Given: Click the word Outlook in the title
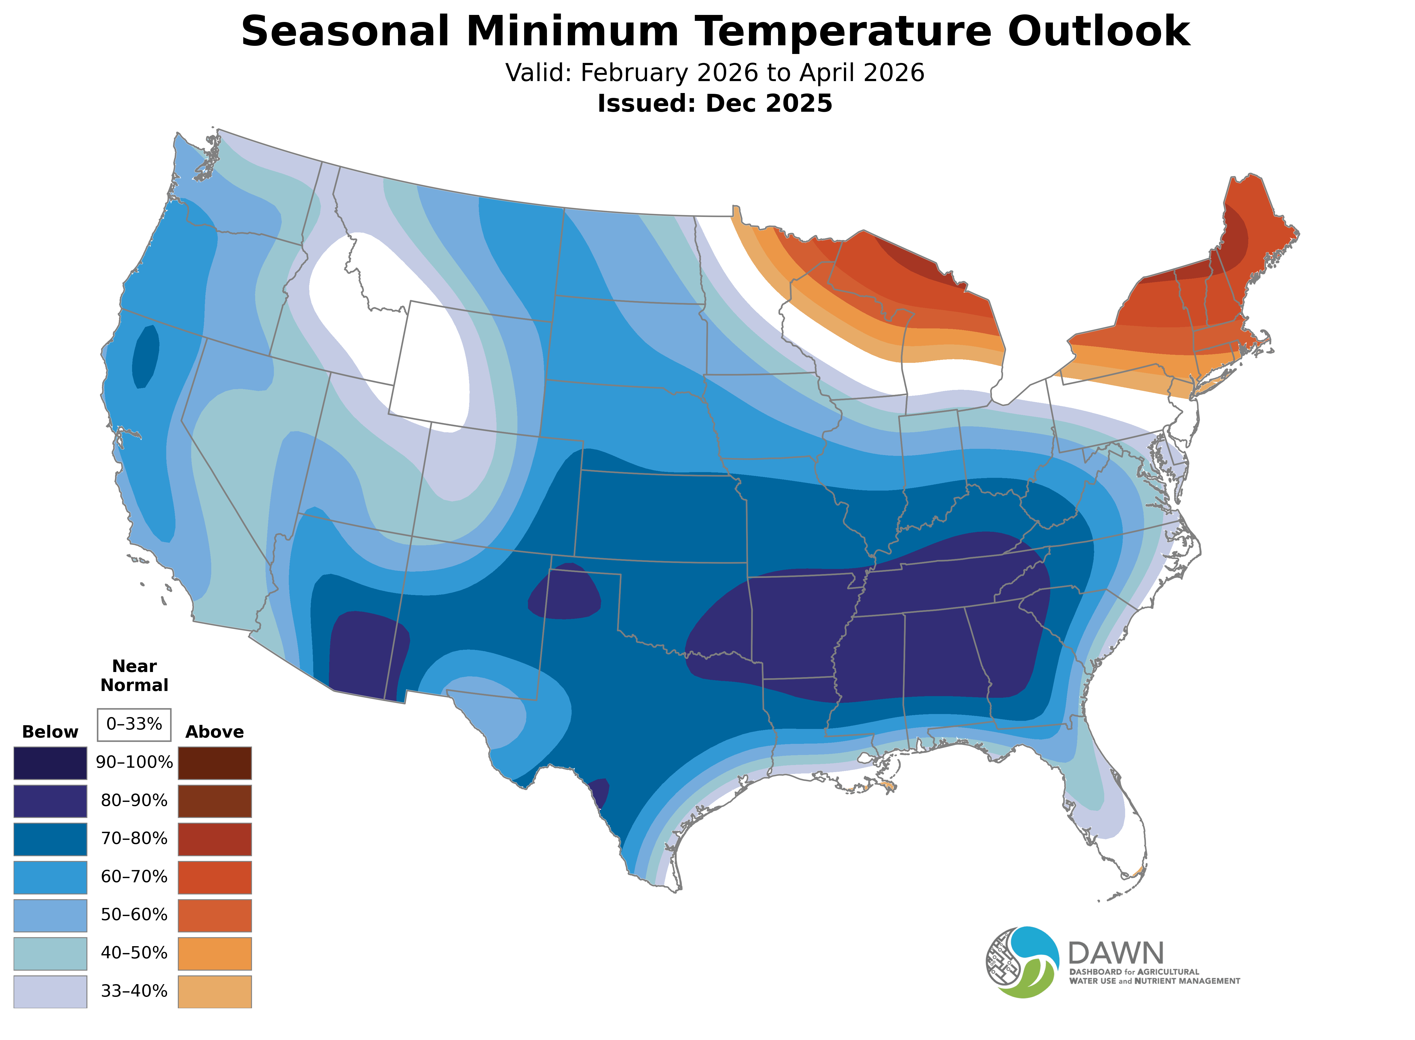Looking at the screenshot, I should coord(1098,31).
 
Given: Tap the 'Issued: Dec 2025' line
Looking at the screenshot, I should coord(715,103).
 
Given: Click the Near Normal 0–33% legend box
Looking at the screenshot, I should coord(134,724).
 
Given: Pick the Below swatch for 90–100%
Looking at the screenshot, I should coord(50,762).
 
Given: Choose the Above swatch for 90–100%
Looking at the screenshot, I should coord(215,762).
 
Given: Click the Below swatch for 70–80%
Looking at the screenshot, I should coord(50,839).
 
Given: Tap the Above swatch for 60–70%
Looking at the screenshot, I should coord(215,877).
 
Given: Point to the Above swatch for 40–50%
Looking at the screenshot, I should coord(215,953).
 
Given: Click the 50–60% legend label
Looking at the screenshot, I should coord(134,915).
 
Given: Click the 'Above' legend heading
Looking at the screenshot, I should coord(215,732).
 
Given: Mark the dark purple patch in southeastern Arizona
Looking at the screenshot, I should coord(365,655).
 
